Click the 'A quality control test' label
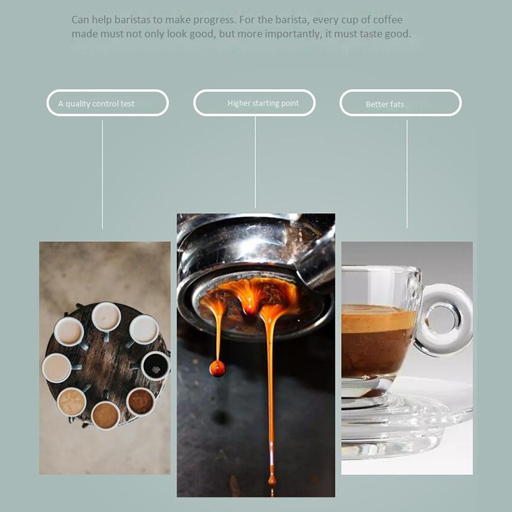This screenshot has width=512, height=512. pos(108,103)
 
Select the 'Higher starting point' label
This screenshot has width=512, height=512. pos(255,102)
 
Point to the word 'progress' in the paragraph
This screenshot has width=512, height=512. pos(209,20)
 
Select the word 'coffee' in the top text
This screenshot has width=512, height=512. pos(387,20)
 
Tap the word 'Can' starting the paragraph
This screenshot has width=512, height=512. pos(81,20)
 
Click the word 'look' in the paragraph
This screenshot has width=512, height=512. pos(178,34)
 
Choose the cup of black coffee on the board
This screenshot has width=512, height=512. pos(155,366)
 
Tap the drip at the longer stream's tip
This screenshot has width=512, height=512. pos(271,479)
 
